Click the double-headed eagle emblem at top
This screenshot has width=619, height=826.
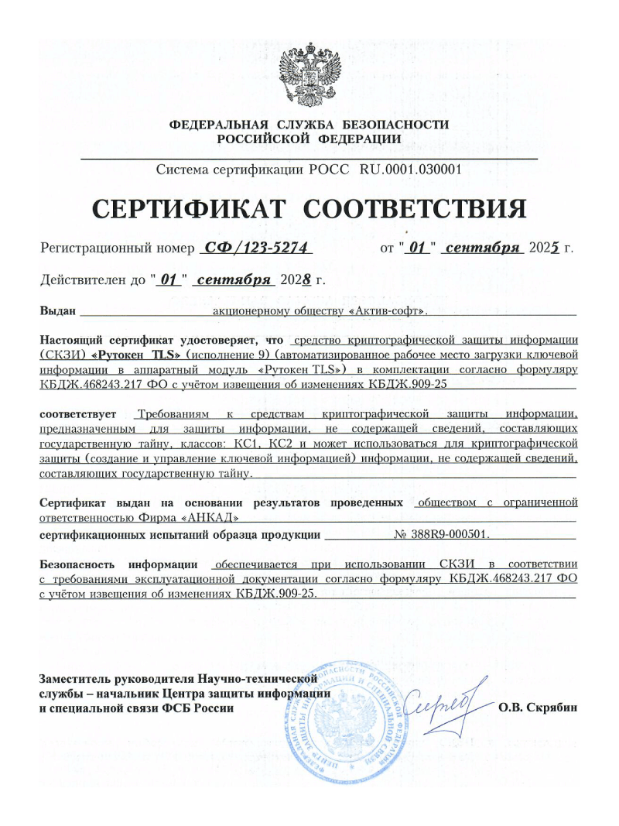[309, 74]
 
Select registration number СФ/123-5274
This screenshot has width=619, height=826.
[255, 248]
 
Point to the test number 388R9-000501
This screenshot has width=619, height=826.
[441, 534]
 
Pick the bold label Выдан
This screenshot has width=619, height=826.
[57, 311]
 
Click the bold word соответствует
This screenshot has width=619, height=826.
[77, 416]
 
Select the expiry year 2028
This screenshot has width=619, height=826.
[296, 280]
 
